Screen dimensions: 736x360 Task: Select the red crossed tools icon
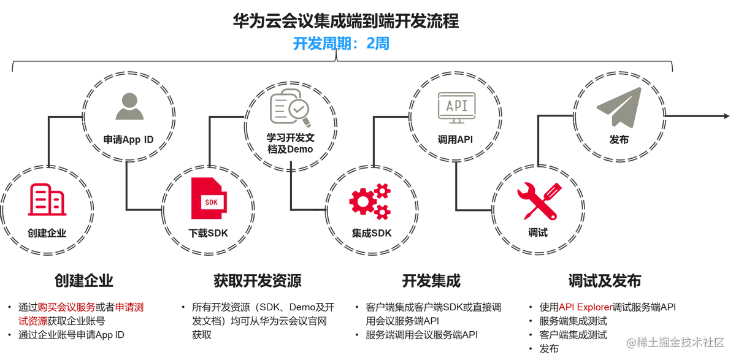[535, 200]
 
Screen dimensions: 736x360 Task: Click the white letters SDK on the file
[211, 202]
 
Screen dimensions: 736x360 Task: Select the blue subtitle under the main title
[340, 45]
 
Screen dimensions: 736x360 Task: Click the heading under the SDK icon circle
[258, 280]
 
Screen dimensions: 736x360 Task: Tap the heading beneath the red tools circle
[604, 280]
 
